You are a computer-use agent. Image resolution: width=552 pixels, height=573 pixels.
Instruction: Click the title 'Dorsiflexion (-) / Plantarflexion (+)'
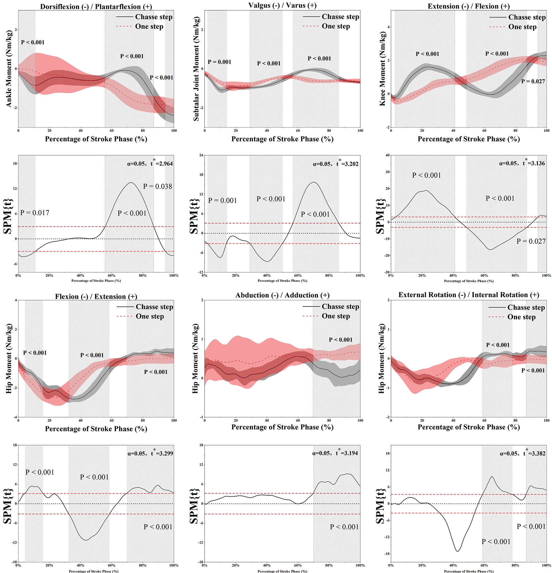point(96,6)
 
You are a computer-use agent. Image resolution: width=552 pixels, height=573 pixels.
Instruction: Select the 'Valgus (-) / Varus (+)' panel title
point(282,5)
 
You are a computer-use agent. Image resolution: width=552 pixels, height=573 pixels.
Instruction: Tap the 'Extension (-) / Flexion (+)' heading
point(468,6)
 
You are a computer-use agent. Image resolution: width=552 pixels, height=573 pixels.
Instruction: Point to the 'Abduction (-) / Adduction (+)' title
point(282,295)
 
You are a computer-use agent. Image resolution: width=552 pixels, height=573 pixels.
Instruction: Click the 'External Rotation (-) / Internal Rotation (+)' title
point(468,295)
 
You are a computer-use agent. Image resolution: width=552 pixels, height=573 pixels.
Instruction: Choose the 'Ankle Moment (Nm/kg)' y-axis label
point(9,69)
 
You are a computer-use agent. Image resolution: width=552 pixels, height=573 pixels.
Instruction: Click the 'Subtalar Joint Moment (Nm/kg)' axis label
point(196,69)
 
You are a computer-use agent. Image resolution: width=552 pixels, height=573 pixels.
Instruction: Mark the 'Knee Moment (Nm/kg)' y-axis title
point(382,69)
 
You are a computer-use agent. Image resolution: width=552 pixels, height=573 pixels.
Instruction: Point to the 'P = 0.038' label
point(158,186)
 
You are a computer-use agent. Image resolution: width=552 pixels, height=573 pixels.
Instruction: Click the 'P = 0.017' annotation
point(34,213)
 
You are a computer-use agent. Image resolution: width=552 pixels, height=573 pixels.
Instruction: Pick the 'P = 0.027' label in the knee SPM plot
point(531,241)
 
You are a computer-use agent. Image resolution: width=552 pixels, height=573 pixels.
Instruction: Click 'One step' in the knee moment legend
point(522,27)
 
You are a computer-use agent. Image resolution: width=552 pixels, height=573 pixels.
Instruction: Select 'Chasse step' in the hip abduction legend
point(340,306)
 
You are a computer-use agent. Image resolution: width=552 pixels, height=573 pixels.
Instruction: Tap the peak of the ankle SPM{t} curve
point(131,183)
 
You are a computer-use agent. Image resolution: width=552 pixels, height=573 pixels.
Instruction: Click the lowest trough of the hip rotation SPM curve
point(457,551)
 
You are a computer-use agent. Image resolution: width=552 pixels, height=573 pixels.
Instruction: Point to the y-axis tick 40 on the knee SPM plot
point(387,155)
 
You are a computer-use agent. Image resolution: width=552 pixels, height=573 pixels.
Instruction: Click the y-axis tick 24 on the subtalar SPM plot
point(201,155)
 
